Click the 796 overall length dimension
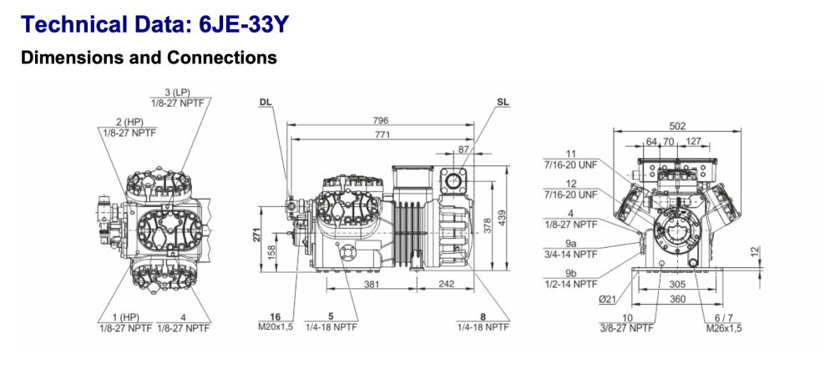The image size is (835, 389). [382, 120]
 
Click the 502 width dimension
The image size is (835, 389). [677, 125]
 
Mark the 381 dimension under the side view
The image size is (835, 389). [372, 284]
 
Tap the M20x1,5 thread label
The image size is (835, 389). [275, 327]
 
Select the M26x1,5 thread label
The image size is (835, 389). [723, 328]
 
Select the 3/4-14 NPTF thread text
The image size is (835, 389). [570, 254]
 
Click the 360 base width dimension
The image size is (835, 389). [677, 298]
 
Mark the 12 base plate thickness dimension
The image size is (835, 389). [754, 250]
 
